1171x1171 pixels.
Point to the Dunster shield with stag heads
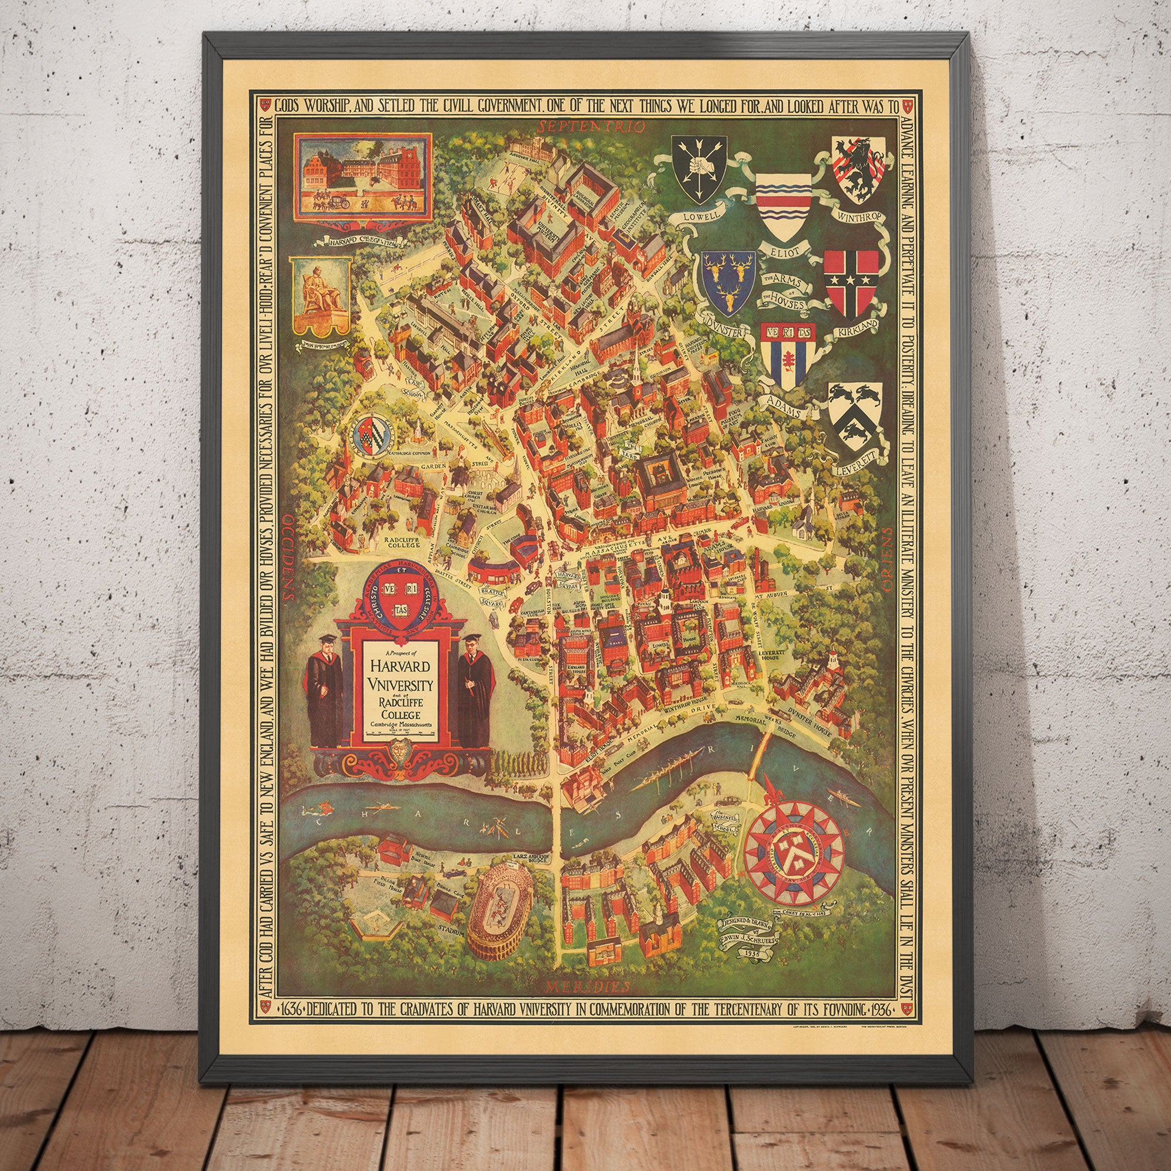pyautogui.click(x=729, y=282)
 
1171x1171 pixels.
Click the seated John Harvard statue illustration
pyautogui.click(x=321, y=294)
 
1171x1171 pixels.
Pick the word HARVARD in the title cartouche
pyautogui.click(x=398, y=666)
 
